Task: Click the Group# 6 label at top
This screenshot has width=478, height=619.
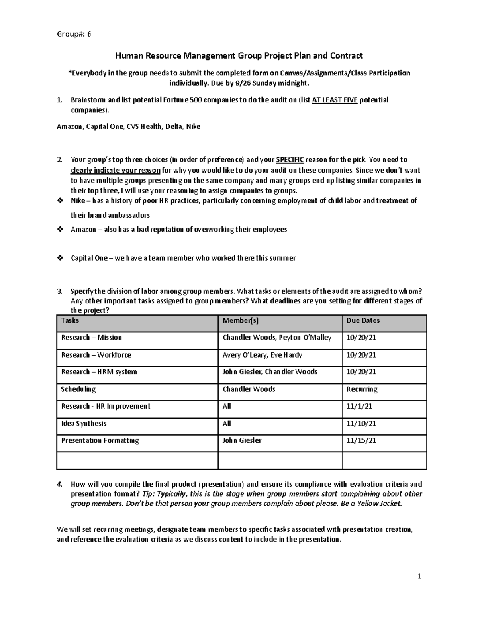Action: pos(74,34)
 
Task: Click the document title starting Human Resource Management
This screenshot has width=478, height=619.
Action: pos(239,56)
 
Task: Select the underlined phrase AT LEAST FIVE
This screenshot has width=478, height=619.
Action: pos(335,100)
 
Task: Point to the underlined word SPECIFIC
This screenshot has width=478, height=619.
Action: pos(290,160)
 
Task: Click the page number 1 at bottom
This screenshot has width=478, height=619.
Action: pos(419,576)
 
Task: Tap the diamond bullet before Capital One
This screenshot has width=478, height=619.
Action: pos(60,258)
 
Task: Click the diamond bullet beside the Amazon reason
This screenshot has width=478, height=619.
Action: pos(60,230)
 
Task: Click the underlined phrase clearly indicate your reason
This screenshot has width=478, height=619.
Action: pos(116,170)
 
